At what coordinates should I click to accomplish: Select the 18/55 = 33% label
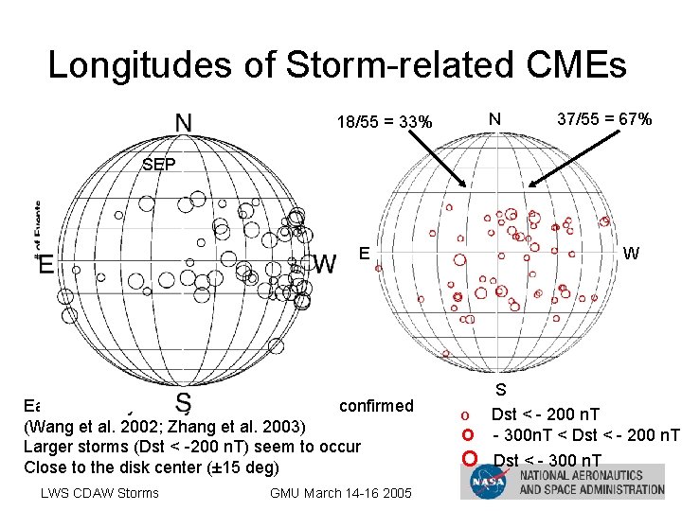click(x=385, y=122)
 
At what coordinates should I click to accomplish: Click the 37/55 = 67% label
click(x=604, y=119)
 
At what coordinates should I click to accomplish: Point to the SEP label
click(x=158, y=165)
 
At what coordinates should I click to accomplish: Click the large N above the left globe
click(x=187, y=123)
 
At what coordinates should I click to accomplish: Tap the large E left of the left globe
click(x=45, y=264)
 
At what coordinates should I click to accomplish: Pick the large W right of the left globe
click(x=324, y=263)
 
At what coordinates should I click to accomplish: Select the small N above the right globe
click(x=494, y=119)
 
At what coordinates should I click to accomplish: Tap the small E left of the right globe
click(x=364, y=253)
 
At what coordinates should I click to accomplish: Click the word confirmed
click(x=376, y=406)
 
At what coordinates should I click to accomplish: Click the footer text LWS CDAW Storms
click(x=99, y=492)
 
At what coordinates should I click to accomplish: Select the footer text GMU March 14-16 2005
click(x=341, y=492)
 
